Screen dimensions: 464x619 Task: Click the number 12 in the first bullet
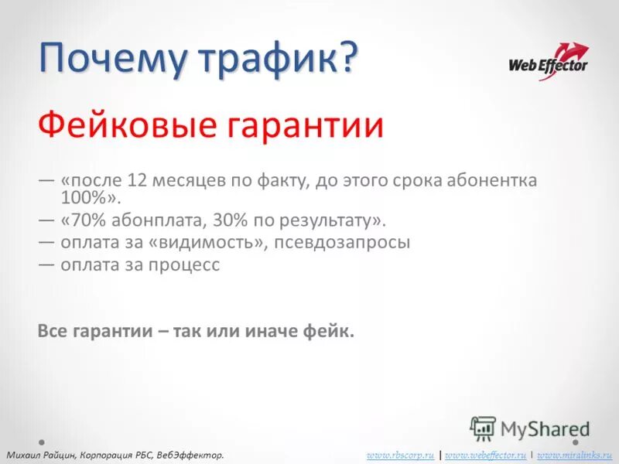(137, 180)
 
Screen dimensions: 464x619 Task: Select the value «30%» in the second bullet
(231, 220)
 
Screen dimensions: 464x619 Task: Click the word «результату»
(332, 220)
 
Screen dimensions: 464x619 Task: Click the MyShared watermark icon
(483, 428)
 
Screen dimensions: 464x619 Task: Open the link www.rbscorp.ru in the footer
(400, 455)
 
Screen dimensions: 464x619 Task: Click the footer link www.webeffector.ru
(486, 455)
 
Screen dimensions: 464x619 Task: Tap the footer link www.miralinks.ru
(574, 455)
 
